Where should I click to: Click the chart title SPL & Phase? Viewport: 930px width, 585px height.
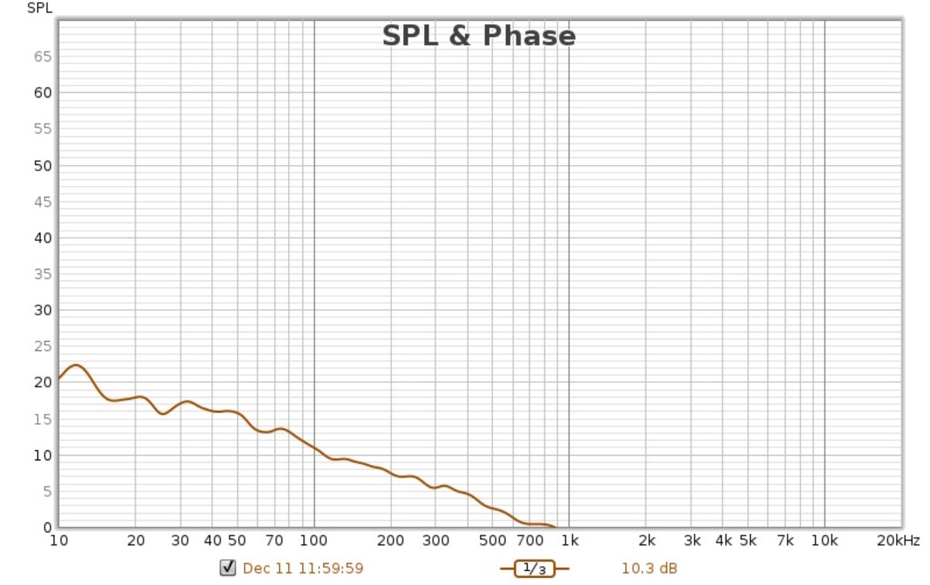[x=479, y=36]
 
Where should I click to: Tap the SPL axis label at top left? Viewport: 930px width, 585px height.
[x=40, y=9]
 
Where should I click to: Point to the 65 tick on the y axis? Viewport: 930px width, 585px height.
[x=42, y=57]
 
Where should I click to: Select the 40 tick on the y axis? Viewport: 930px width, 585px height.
[x=42, y=238]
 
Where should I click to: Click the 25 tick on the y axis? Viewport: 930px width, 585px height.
[x=42, y=346]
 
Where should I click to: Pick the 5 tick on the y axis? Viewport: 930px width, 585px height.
[x=46, y=491]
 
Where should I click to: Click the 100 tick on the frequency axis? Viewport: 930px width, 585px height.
[x=313, y=540]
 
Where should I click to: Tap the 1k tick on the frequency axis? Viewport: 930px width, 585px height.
[x=570, y=540]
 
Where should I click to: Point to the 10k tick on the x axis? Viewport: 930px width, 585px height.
[x=825, y=540]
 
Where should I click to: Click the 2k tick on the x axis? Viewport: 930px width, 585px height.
[x=647, y=540]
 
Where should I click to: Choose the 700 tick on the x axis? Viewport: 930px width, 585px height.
[x=530, y=540]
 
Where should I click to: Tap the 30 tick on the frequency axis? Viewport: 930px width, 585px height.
[x=181, y=540]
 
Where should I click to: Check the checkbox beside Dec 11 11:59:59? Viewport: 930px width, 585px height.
[x=228, y=568]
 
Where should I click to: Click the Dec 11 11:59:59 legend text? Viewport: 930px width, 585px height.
[x=303, y=569]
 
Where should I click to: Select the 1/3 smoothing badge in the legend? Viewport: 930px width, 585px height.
[x=535, y=569]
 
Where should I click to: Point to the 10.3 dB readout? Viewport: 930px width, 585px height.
[x=649, y=569]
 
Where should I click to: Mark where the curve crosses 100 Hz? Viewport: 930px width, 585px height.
[x=313, y=448]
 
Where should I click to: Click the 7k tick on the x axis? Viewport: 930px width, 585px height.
[x=786, y=540]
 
